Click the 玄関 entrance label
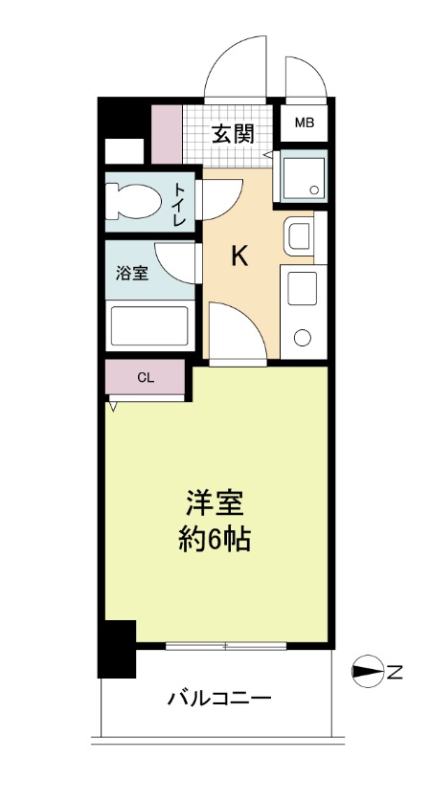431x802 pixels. pyautogui.click(x=233, y=134)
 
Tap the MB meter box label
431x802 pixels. pyautogui.click(x=304, y=123)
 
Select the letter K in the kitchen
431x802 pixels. pyautogui.click(x=239, y=256)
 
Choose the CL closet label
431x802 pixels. pyautogui.click(x=145, y=377)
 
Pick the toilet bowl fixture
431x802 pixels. pyautogui.click(x=129, y=201)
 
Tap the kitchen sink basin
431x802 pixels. pyautogui.click(x=299, y=234)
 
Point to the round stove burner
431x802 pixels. pyautogui.click(x=303, y=337)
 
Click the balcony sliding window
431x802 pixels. pyautogui.click(x=226, y=647)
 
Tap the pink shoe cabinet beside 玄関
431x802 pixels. pyautogui.click(x=167, y=133)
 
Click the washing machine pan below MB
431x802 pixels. pyautogui.click(x=304, y=175)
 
